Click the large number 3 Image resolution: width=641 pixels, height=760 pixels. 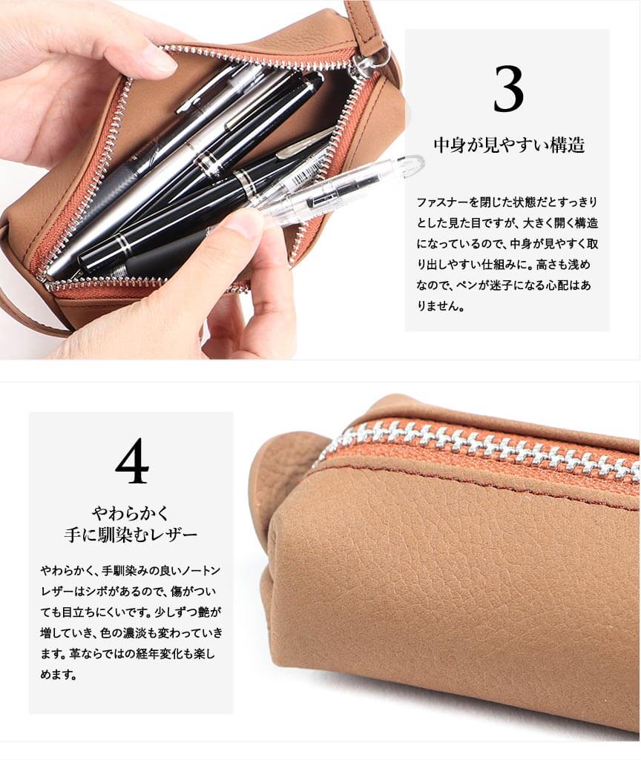(508, 89)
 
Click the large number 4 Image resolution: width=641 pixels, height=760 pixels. (132, 460)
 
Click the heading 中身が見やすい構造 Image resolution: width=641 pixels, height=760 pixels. (509, 145)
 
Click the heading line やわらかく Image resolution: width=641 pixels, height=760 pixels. (131, 513)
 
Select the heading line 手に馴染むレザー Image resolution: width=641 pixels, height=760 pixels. (131, 535)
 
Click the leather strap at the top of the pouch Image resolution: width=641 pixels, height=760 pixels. (368, 24)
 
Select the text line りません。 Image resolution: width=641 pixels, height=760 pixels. (441, 306)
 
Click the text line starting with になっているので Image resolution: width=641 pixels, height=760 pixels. (507, 244)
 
